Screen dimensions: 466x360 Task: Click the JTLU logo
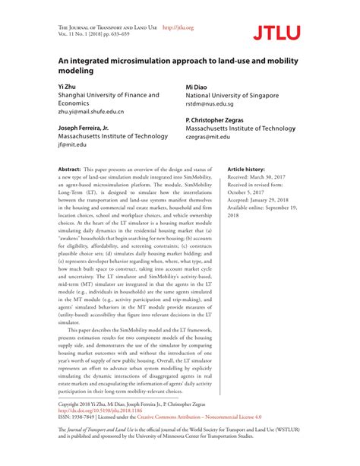(277, 31)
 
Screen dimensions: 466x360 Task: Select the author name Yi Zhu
(66, 87)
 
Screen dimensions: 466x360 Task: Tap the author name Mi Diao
(198, 87)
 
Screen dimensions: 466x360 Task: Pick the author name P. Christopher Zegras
(225, 120)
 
